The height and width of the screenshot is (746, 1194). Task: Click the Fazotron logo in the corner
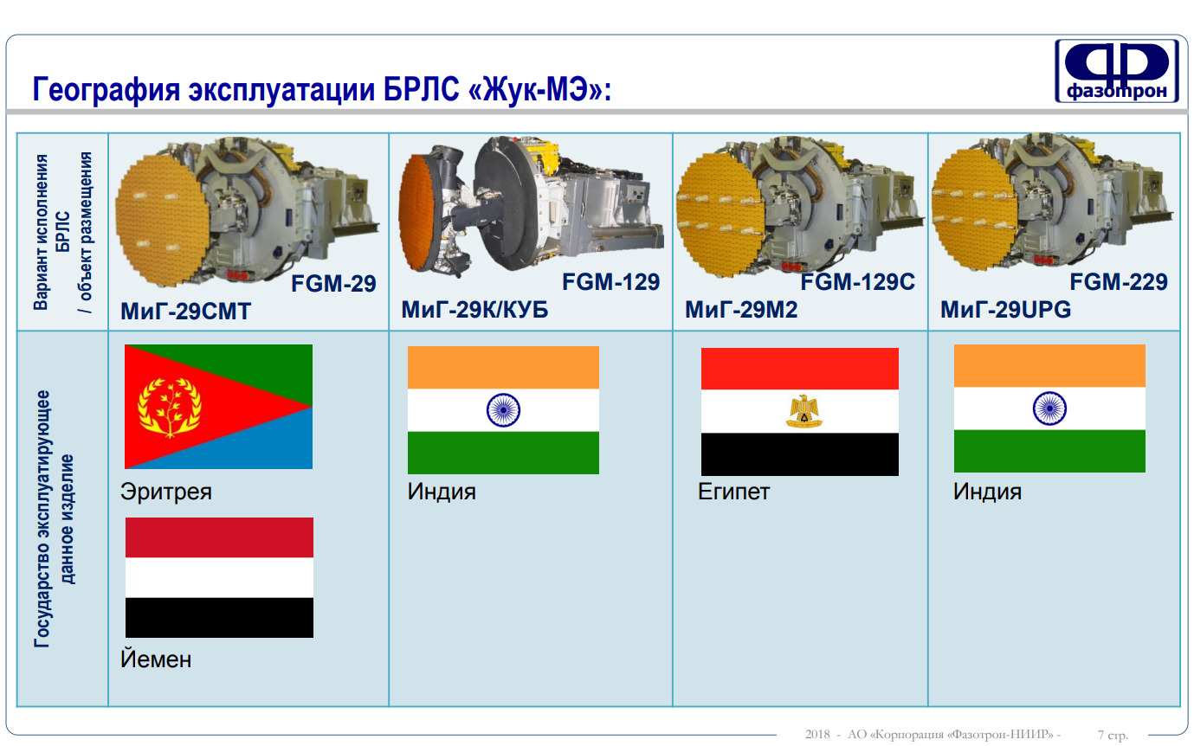pyautogui.click(x=1116, y=71)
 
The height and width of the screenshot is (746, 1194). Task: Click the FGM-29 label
pyautogui.click(x=333, y=284)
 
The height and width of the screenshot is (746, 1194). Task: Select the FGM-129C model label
pyautogui.click(x=857, y=282)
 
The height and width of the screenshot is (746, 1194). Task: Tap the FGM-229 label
pyautogui.click(x=1119, y=282)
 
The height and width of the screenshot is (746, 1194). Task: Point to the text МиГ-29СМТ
pyautogui.click(x=185, y=312)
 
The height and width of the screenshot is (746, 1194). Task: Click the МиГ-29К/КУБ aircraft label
pyautogui.click(x=474, y=310)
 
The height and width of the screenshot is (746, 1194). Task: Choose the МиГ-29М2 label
pyautogui.click(x=741, y=310)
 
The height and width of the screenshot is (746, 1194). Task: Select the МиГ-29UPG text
pyautogui.click(x=1005, y=310)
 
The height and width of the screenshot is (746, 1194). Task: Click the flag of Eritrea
pyautogui.click(x=218, y=407)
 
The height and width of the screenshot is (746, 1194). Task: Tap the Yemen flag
pyautogui.click(x=219, y=577)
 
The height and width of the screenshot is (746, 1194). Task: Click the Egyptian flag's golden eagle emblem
pyautogui.click(x=804, y=411)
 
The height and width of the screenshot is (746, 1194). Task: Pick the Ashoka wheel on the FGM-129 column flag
pyautogui.click(x=503, y=409)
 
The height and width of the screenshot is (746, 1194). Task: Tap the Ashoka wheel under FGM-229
pyautogui.click(x=1049, y=408)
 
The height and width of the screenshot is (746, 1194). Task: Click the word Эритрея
pyautogui.click(x=165, y=492)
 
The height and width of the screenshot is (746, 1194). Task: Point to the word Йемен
pyautogui.click(x=156, y=659)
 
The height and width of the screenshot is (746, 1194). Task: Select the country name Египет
pyautogui.click(x=733, y=492)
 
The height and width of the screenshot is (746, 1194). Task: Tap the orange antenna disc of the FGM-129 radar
pyautogui.click(x=420, y=212)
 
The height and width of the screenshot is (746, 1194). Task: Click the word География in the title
pyautogui.click(x=106, y=89)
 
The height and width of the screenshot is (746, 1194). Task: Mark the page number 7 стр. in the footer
pyautogui.click(x=1113, y=735)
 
